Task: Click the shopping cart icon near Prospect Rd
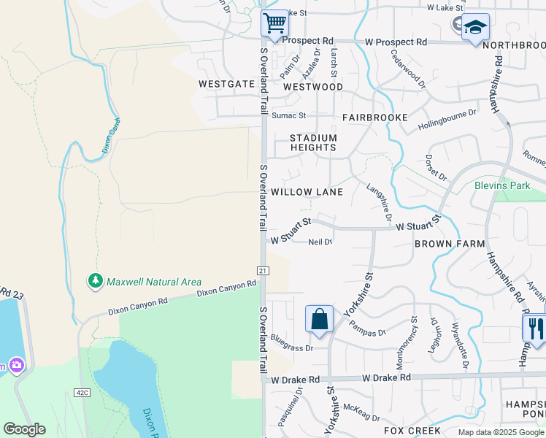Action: tap(274, 23)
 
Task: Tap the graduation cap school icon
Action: tap(475, 27)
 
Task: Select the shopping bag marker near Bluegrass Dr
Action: tap(319, 319)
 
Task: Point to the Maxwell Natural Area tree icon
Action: tap(95, 281)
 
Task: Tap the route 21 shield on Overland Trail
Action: tap(263, 270)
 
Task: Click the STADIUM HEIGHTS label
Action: tap(313, 142)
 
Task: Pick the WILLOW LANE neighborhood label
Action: tap(307, 192)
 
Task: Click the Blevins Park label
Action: tap(502, 185)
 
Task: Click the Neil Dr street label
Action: tap(320, 242)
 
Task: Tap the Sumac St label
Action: tap(288, 115)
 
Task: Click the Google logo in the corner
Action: tap(24, 429)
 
